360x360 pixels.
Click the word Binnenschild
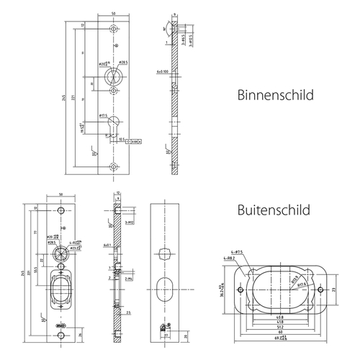coord(275,95)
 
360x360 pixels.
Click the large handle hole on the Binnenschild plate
coord(113,76)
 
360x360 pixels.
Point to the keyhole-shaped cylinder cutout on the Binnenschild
coord(113,124)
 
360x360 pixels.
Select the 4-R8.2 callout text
coord(230,257)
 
